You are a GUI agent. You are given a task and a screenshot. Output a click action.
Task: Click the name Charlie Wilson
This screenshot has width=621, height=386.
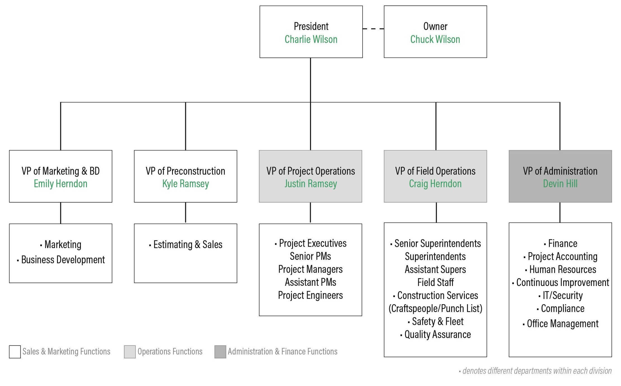(x=311, y=39)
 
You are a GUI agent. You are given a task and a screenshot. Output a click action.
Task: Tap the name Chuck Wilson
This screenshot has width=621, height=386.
(x=435, y=39)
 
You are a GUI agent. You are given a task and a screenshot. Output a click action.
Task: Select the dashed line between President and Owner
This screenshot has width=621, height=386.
(x=373, y=29)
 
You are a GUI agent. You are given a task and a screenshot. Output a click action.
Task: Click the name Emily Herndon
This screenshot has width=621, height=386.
(x=60, y=184)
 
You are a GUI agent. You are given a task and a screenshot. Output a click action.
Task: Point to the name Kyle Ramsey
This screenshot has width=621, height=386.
(x=185, y=184)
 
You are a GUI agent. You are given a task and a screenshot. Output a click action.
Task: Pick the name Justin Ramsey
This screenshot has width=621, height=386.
(x=311, y=184)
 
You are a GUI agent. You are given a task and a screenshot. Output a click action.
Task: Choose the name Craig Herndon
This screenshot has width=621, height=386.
(x=435, y=184)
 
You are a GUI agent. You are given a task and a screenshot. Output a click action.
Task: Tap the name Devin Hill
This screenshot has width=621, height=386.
(x=560, y=184)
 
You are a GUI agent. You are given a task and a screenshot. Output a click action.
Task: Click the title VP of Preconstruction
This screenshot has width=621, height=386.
(x=185, y=171)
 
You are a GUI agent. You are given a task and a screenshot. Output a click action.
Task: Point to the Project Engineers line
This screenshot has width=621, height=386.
(x=310, y=295)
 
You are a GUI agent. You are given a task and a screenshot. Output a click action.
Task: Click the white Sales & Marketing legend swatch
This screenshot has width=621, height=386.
(x=15, y=352)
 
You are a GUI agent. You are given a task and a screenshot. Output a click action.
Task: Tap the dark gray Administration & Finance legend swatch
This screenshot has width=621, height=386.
(x=220, y=352)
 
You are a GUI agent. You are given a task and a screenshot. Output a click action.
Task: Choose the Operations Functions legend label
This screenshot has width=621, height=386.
(x=170, y=352)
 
